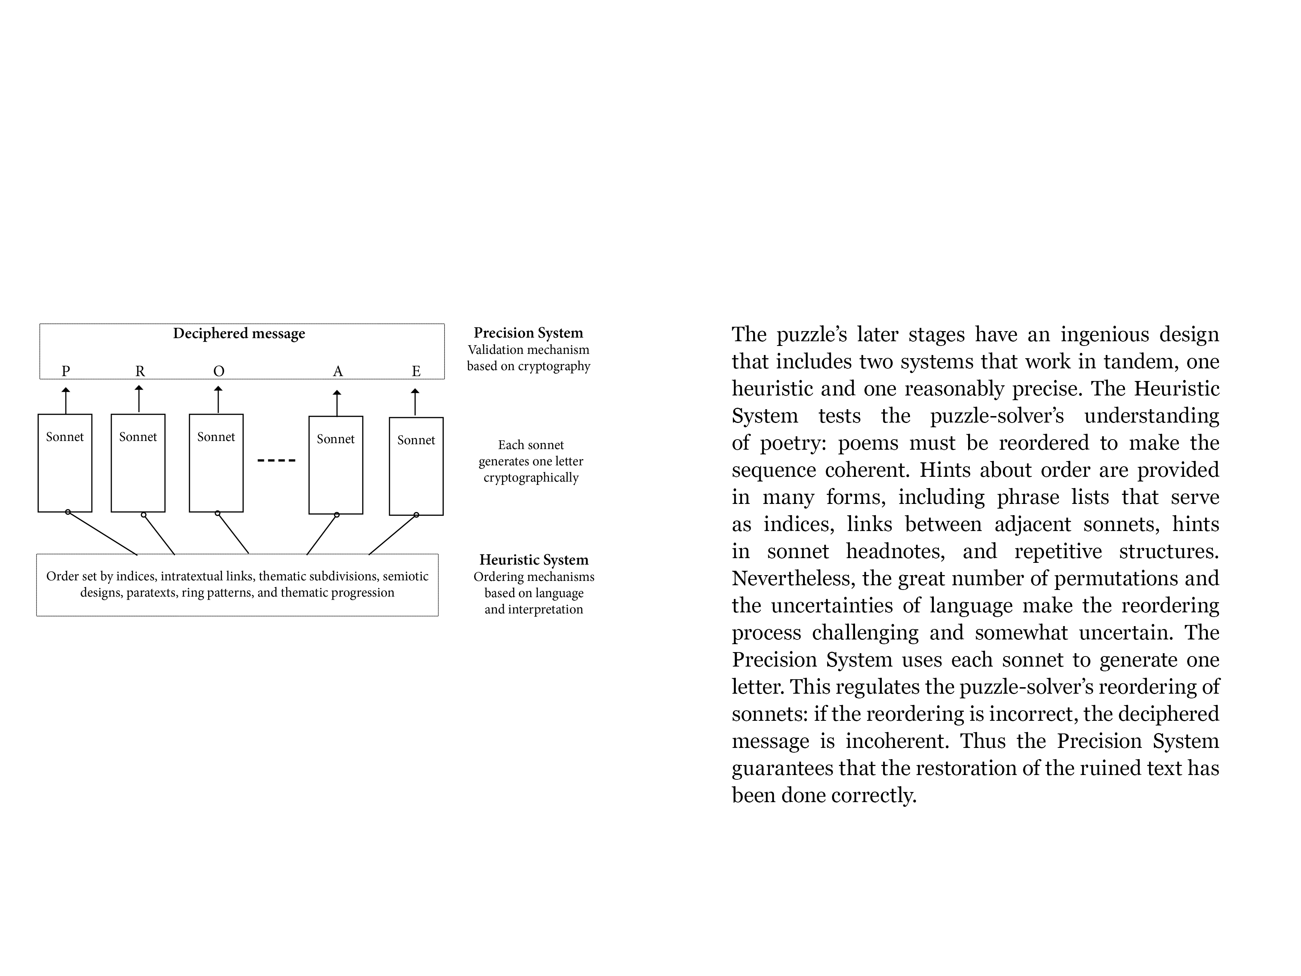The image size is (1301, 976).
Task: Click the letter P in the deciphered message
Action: pyautogui.click(x=66, y=371)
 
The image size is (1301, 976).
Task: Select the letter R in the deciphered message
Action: pyautogui.click(x=140, y=371)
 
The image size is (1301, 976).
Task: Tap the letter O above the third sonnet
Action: pyautogui.click(x=219, y=371)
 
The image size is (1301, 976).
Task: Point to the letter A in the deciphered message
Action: pyautogui.click(x=338, y=371)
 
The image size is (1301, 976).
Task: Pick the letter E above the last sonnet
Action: pyautogui.click(x=416, y=371)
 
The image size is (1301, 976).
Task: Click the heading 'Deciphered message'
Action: pyautogui.click(x=239, y=334)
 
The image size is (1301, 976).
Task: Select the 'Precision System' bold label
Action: pyautogui.click(x=528, y=333)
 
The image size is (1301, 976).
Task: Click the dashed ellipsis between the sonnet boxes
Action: pyautogui.click(x=276, y=460)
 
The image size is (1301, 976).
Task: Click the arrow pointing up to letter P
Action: pyautogui.click(x=66, y=400)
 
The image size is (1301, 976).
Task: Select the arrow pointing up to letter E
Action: pyautogui.click(x=415, y=402)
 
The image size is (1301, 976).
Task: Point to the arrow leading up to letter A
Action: pyautogui.click(x=337, y=403)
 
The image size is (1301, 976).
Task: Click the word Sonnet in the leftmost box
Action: pyautogui.click(x=65, y=437)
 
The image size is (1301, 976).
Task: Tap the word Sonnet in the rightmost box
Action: pyautogui.click(x=416, y=440)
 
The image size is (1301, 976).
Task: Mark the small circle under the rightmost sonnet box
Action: pyautogui.click(x=416, y=515)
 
